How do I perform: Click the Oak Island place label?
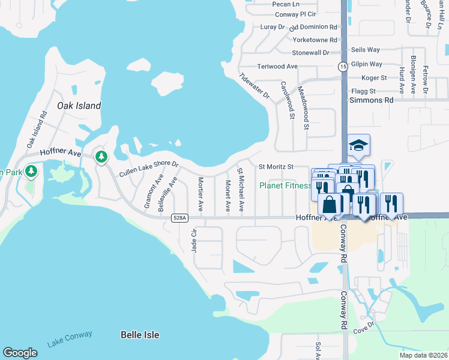(x=79, y=106)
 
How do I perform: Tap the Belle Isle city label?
(x=140, y=334)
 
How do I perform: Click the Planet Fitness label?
(x=285, y=185)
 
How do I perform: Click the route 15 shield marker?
(x=342, y=66)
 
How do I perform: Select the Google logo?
(x=20, y=353)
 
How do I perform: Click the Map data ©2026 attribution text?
(x=424, y=355)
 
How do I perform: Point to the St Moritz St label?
(x=276, y=166)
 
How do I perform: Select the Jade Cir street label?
(x=194, y=241)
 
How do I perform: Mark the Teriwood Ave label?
(x=277, y=67)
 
